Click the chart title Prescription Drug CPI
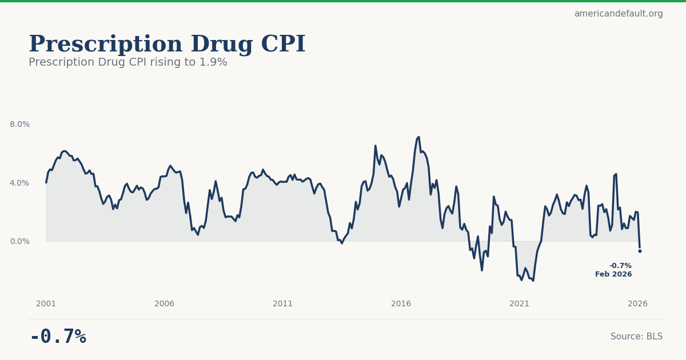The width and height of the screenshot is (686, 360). [x=167, y=45]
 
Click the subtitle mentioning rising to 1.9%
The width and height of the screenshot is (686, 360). [x=128, y=62]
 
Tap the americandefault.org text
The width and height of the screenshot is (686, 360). [x=619, y=14]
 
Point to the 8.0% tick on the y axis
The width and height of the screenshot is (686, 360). [x=19, y=124]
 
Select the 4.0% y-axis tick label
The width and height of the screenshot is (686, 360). [x=19, y=183]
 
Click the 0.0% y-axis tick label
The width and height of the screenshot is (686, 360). [x=19, y=241]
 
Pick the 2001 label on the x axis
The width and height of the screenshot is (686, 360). [x=46, y=303]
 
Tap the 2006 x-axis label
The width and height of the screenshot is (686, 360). [x=165, y=303]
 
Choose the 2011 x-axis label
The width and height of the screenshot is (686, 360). [x=283, y=303]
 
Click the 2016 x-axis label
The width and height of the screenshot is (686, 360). [x=401, y=303]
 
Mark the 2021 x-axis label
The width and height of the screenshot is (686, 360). [x=520, y=303]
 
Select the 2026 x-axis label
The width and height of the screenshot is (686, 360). [x=638, y=303]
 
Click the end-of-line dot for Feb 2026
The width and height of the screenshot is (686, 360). [x=640, y=251]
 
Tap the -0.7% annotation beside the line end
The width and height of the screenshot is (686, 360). [x=620, y=266]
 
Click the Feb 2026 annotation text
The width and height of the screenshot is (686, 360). [x=613, y=274]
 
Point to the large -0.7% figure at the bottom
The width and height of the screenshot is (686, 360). [x=58, y=337]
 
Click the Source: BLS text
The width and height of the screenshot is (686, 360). [x=636, y=337]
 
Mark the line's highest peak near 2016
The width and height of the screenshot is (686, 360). [x=418, y=137]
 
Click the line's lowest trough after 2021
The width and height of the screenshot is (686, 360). [x=533, y=281]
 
